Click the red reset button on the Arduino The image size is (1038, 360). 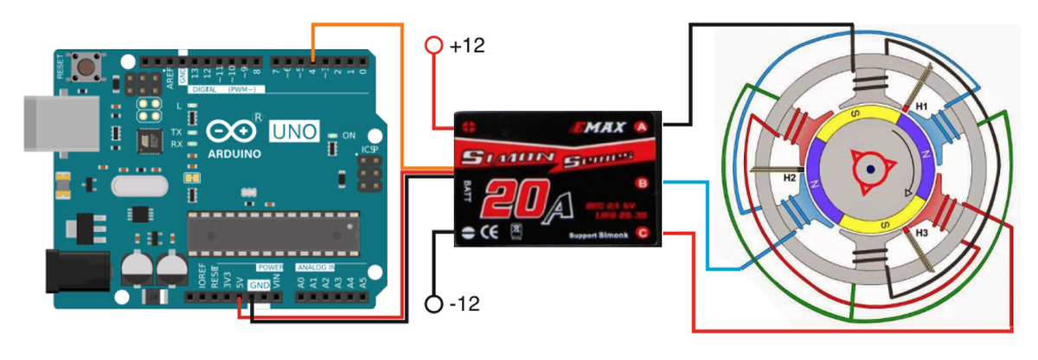point(86,67)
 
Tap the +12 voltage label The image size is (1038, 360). point(467,46)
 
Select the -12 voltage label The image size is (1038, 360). point(467,304)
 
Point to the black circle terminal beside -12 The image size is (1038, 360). point(434,304)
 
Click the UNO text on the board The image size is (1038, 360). point(294,132)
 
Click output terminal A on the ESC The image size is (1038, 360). point(642,126)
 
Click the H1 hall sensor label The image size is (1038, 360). point(922,106)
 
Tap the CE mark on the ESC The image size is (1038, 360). point(488,231)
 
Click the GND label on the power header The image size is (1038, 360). point(259,284)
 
